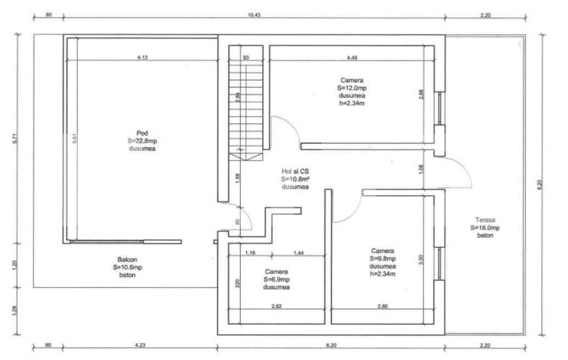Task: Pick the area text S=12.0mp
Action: coord(351,87)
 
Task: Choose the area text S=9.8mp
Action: coord(382,258)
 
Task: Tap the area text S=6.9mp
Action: coord(276,280)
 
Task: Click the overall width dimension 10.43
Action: coord(254,15)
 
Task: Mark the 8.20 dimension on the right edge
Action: coord(539,186)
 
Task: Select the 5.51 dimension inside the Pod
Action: coord(74,141)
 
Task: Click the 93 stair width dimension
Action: coord(246,57)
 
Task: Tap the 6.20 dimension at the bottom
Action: coord(331,346)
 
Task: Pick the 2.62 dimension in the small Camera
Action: coord(276,306)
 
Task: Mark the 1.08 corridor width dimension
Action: coord(421,170)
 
